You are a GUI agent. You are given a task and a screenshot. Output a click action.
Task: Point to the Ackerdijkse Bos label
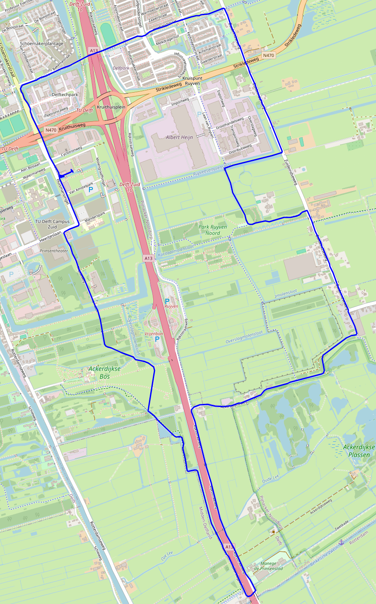click(104, 372)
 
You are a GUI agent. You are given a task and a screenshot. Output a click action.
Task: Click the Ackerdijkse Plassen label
click(359, 451)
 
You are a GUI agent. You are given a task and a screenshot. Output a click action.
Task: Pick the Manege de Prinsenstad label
click(268, 566)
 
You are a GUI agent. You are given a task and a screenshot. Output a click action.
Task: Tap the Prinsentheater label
click(54, 251)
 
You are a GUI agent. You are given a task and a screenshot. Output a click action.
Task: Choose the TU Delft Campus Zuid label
click(52, 224)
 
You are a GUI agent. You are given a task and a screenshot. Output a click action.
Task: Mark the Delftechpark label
click(65, 94)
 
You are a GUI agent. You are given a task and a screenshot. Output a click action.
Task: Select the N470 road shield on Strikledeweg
click(269, 55)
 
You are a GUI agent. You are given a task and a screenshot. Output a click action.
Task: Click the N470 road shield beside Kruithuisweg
click(51, 130)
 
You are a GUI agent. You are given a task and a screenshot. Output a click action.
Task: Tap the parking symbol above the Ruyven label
click(167, 301)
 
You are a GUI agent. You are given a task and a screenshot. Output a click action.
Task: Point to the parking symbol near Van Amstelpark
click(91, 190)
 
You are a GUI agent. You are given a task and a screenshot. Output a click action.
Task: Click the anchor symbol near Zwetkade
click(341, 541)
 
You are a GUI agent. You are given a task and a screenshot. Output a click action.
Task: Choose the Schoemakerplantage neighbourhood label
click(42, 43)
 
